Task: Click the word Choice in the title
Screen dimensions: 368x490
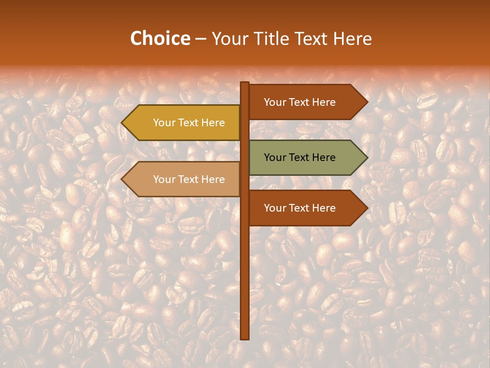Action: point(160,38)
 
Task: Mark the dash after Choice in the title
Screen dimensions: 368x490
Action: point(201,39)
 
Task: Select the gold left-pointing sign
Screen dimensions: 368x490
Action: point(184,123)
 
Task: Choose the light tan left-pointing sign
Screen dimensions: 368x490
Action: point(184,179)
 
